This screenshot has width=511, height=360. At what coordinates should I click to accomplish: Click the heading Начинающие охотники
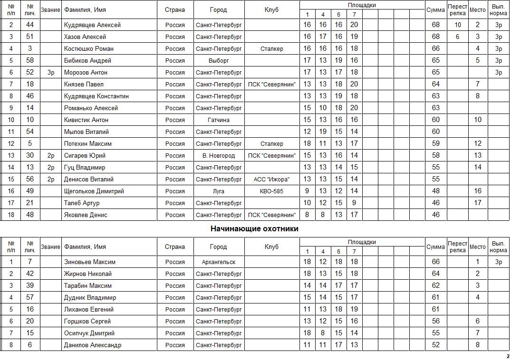click(x=254, y=229)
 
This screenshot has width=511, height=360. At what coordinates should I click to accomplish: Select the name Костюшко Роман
click(x=89, y=48)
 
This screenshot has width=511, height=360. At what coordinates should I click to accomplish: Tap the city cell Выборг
click(x=219, y=60)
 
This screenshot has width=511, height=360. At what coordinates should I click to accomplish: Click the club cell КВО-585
click(x=272, y=191)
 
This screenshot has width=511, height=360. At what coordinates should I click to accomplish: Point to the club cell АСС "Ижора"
click(x=272, y=179)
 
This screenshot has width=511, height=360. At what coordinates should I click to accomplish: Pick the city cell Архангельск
click(x=219, y=262)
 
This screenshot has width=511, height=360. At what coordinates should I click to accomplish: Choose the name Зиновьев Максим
click(x=90, y=262)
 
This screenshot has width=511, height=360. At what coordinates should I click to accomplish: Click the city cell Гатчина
click(x=219, y=120)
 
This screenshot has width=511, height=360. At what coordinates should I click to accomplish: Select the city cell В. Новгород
click(x=219, y=155)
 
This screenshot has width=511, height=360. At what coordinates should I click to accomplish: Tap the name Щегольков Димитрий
click(x=94, y=191)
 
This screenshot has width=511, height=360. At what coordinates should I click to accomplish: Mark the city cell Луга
click(x=219, y=191)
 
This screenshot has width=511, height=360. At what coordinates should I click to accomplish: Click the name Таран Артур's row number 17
click(x=10, y=203)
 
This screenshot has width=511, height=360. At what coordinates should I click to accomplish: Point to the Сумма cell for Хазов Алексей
click(x=436, y=37)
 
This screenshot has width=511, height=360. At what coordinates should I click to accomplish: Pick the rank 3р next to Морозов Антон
click(x=51, y=72)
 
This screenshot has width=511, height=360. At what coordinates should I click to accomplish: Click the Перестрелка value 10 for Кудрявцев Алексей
click(x=458, y=25)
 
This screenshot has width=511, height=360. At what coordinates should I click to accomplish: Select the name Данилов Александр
click(x=93, y=345)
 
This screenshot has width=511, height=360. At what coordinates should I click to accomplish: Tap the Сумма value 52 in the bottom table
click(x=436, y=345)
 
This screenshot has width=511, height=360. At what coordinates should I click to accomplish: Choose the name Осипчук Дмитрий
click(x=89, y=333)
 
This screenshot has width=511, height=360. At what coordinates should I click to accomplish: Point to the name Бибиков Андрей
click(x=87, y=60)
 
